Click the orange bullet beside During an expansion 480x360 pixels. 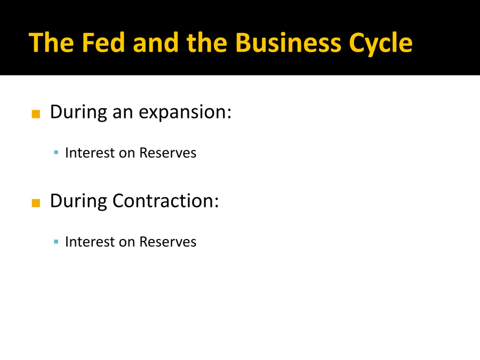coord(36,114)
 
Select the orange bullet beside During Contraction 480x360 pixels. coord(36,203)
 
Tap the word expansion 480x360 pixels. coord(185,113)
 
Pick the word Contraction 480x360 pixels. coord(166,201)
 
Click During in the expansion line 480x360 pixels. coord(78,113)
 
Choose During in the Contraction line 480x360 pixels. coord(78,202)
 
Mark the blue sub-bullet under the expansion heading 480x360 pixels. coord(56,152)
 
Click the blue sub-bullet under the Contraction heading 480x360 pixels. coord(56,242)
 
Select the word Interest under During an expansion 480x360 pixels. coord(90,153)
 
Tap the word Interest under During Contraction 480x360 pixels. coord(90,242)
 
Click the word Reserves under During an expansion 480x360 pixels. coord(168,153)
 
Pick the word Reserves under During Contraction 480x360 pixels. coord(168,242)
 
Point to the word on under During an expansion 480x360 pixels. coord(127,154)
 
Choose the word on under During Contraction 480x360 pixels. coord(127,243)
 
